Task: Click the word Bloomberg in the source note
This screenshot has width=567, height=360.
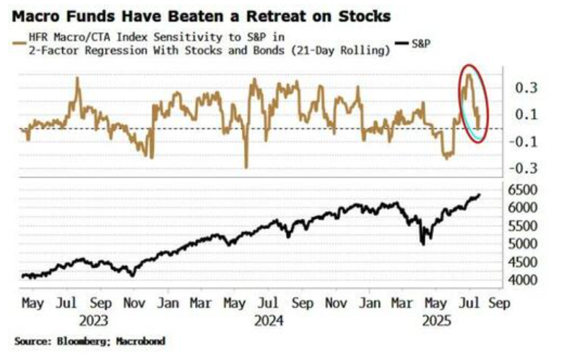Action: pos(79,340)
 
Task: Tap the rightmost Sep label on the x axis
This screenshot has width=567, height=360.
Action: pos(499,304)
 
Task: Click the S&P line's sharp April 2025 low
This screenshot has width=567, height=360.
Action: pos(422,244)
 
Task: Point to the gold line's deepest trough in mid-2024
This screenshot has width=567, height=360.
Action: pos(246,167)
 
